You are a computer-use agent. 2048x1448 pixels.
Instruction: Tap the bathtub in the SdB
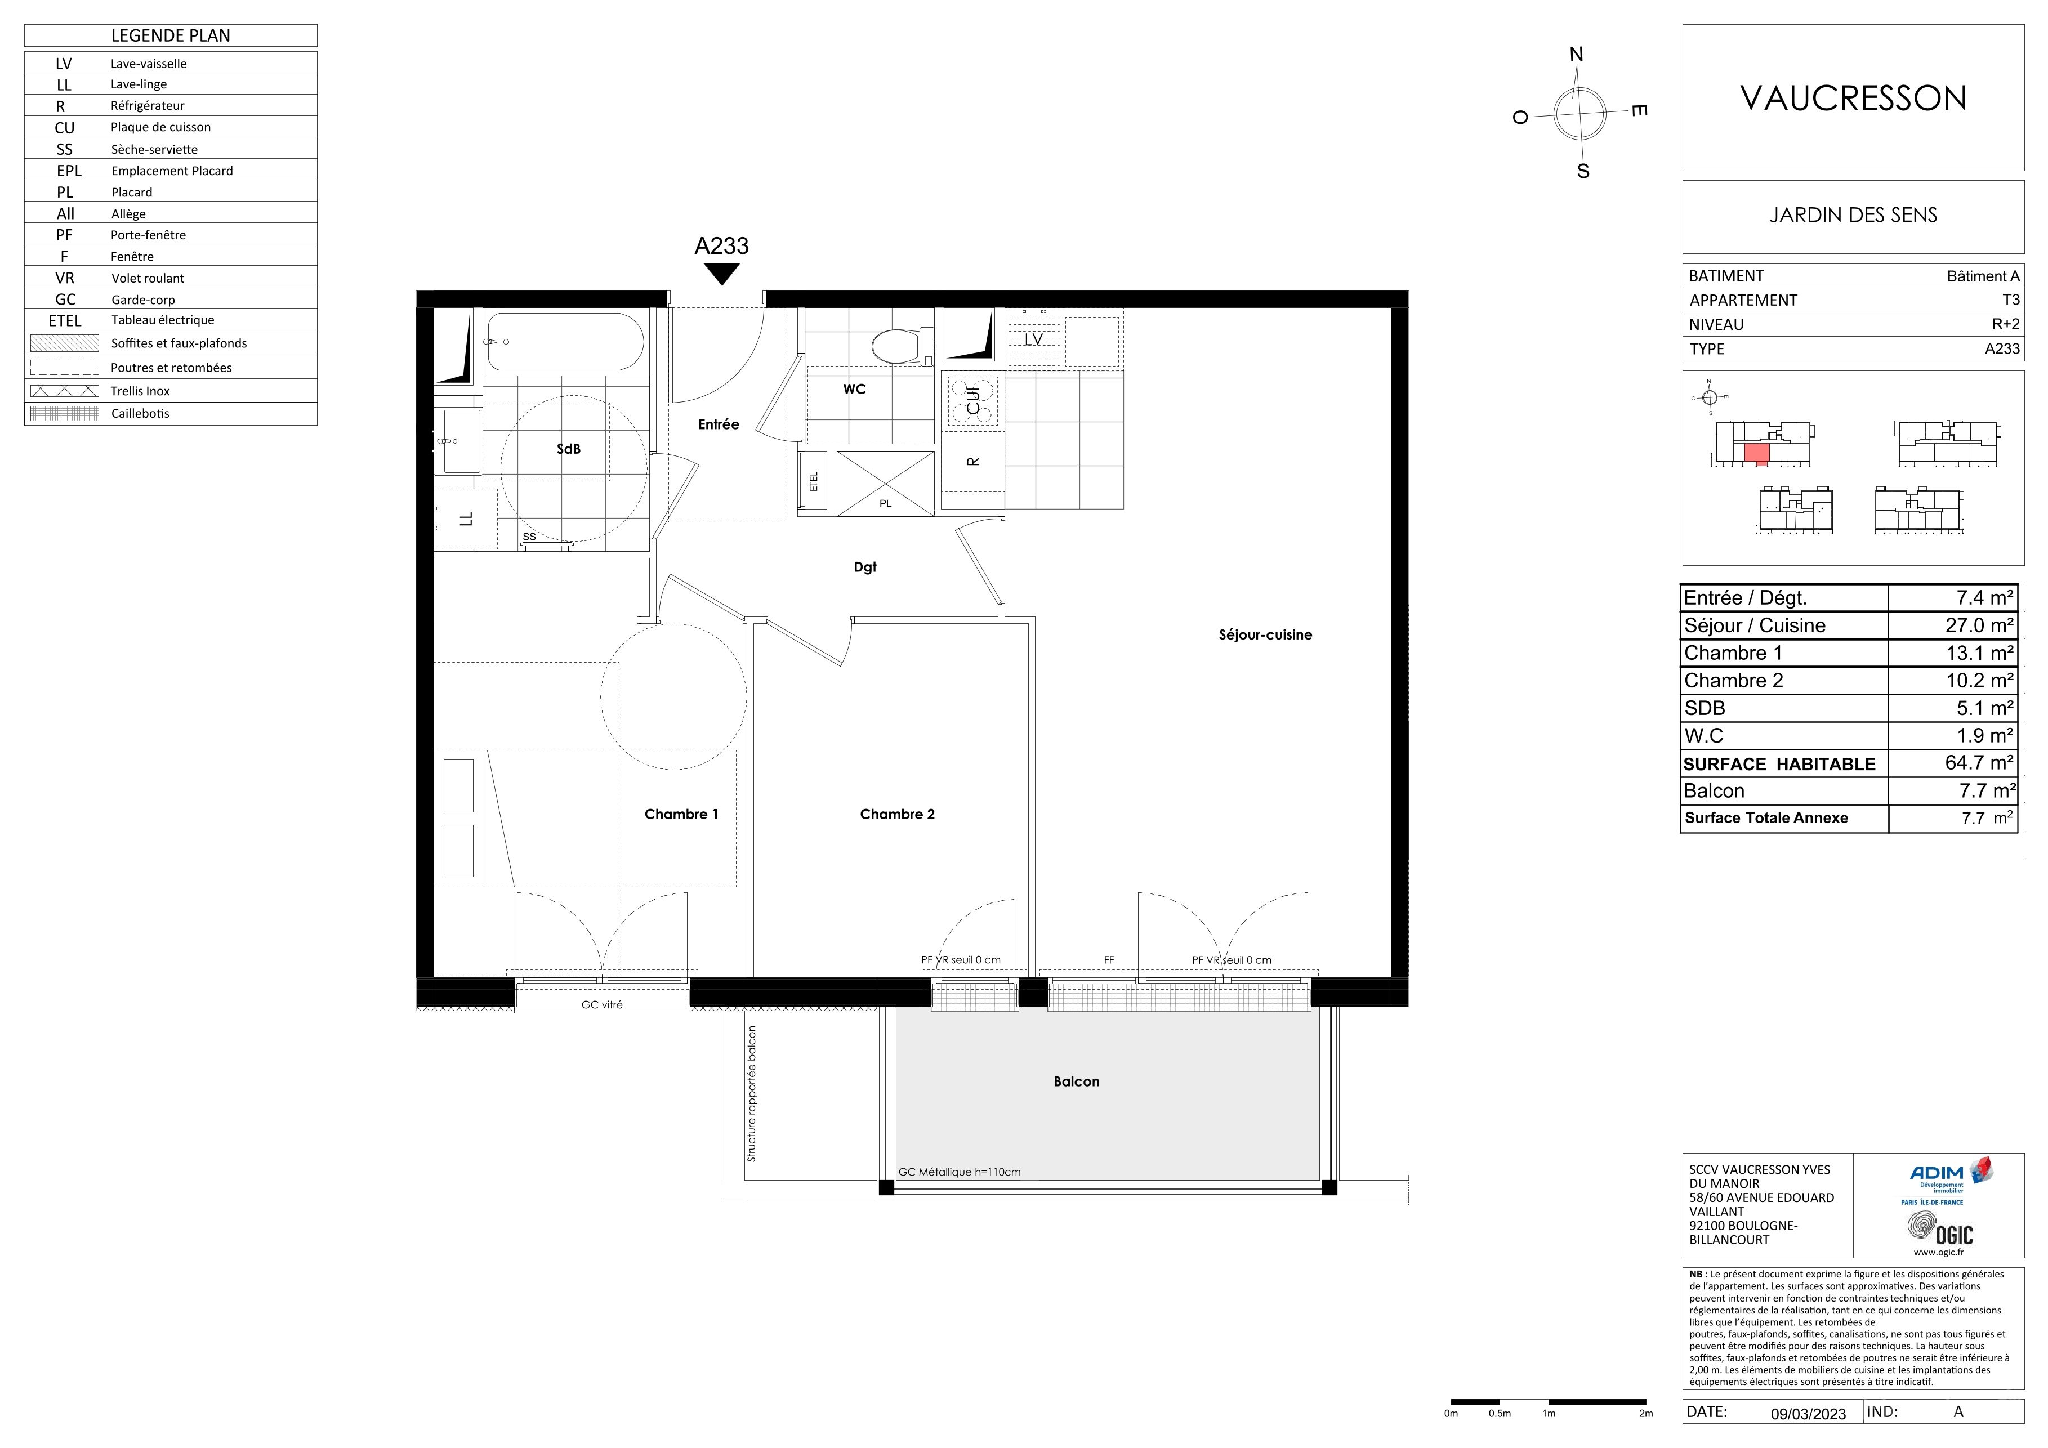coord(565,342)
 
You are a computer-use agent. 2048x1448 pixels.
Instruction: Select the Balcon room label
coord(1077,1081)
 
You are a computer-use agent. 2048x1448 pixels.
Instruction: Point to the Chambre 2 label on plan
coord(898,814)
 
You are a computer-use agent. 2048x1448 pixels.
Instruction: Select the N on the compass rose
coord(1576,55)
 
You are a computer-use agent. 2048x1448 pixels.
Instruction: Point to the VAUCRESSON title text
coord(1854,98)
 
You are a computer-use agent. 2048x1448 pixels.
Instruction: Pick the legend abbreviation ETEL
coord(65,321)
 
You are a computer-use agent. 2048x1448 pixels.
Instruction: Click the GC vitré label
coord(602,1005)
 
